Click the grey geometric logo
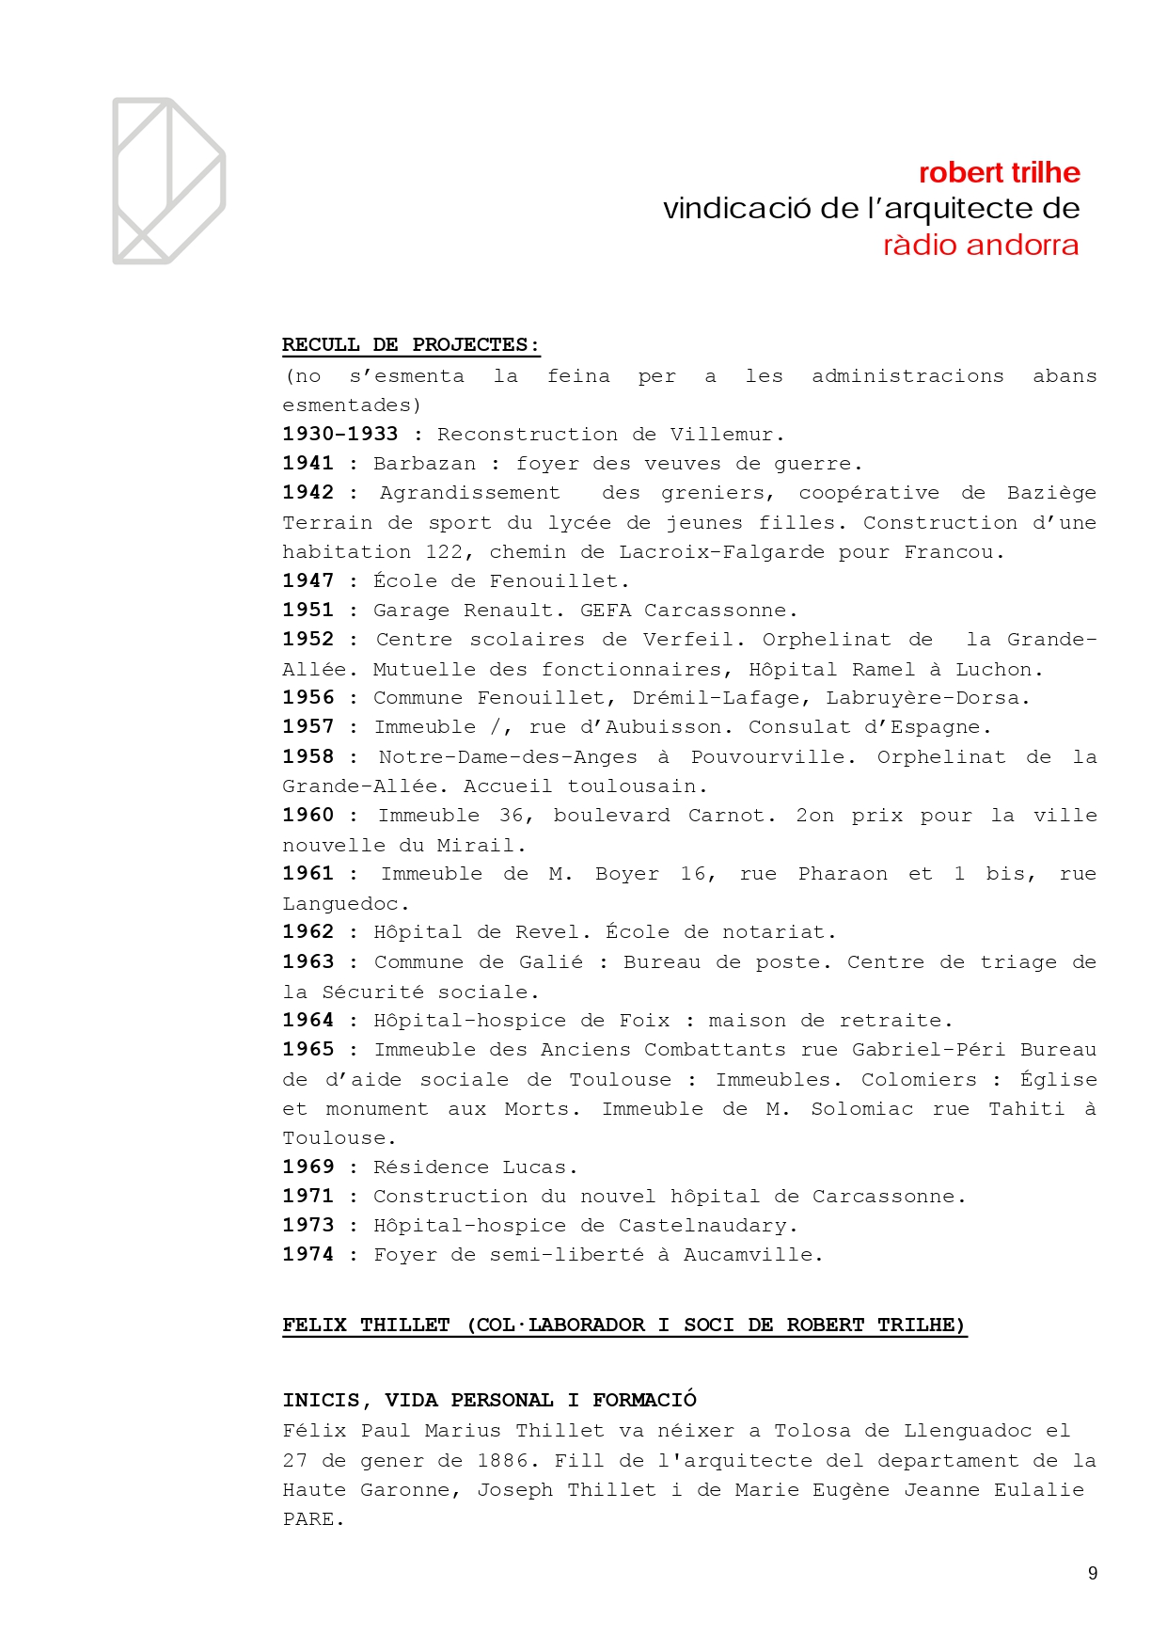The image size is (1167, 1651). tap(168, 181)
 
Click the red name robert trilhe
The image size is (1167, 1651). tap(999, 173)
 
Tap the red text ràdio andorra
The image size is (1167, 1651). tap(980, 246)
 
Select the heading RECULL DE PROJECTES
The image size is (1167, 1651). tap(411, 345)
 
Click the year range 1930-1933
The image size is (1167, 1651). tap(340, 435)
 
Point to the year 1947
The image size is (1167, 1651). tap(308, 581)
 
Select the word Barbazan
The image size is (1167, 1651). tap(424, 464)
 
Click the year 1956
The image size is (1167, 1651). tap(308, 698)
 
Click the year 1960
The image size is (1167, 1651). tap(308, 816)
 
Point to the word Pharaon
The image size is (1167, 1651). tap(843, 874)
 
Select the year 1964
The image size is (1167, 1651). tap(308, 1021)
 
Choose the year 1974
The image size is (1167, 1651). tap(308, 1255)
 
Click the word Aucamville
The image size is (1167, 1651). tap(751, 1255)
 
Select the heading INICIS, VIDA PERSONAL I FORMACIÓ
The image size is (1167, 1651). tap(489, 1400)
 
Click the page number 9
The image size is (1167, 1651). tap(1092, 1573)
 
